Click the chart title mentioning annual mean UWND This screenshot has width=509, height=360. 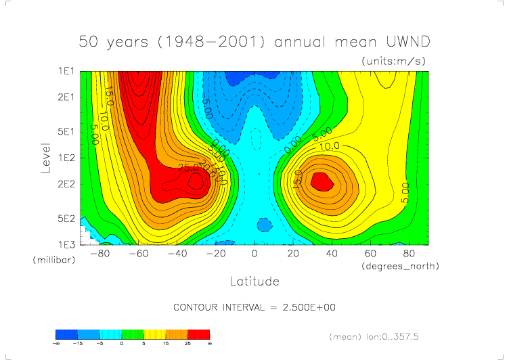(255, 42)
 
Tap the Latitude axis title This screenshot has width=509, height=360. (255, 280)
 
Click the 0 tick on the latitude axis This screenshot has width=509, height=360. (255, 254)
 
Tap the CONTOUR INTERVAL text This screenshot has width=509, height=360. (255, 307)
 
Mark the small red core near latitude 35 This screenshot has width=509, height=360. (322, 181)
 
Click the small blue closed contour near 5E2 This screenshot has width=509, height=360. (265, 224)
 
